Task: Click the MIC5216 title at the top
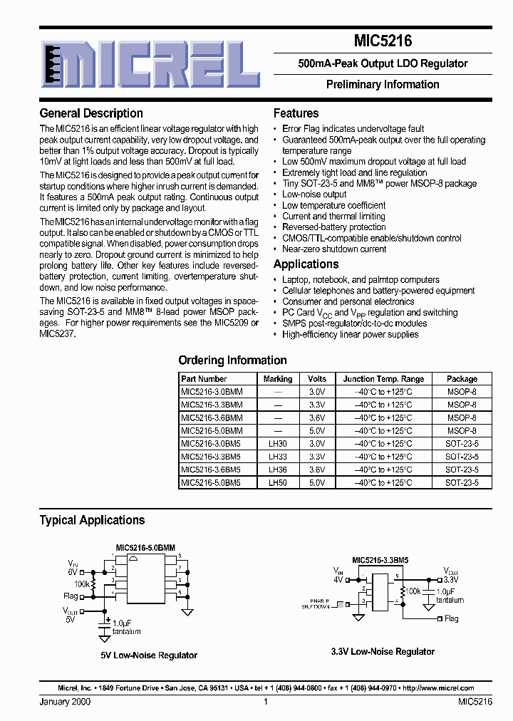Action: click(x=383, y=42)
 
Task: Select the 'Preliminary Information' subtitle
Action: click(x=383, y=84)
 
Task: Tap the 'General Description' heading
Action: click(x=91, y=113)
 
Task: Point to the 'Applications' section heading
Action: click(x=306, y=264)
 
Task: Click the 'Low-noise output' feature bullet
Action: click(x=314, y=194)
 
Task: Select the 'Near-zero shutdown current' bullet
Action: click(x=334, y=249)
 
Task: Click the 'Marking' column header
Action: click(x=277, y=379)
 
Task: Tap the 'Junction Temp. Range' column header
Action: click(x=383, y=379)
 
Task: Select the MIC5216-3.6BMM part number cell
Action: click(x=212, y=418)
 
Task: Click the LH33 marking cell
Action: click(x=277, y=457)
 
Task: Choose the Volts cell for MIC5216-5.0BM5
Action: click(x=317, y=482)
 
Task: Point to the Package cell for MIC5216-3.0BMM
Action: click(x=462, y=392)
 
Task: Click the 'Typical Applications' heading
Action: click(x=92, y=520)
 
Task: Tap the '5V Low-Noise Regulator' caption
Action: click(x=149, y=655)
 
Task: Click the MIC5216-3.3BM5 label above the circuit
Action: click(x=380, y=561)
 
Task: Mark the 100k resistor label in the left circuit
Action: click(x=82, y=584)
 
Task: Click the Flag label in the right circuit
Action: click(x=451, y=619)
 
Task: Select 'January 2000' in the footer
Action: click(x=65, y=702)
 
